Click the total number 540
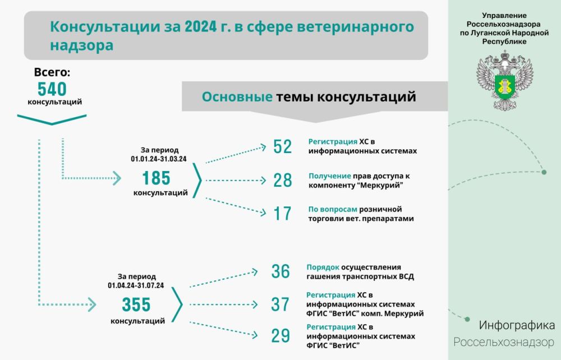52,89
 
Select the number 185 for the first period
156,178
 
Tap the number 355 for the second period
136,304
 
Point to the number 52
282,146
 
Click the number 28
282,180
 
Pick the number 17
282,214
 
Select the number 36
280,271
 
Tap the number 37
280,304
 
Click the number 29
280,336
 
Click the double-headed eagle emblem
504,81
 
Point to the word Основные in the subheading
237,97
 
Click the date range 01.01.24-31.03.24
159,159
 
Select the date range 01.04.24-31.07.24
136,285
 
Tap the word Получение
329,176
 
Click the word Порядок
323,267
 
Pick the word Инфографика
517,325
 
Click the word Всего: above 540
52,72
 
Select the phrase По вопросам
333,209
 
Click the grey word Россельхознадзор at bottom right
504,343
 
